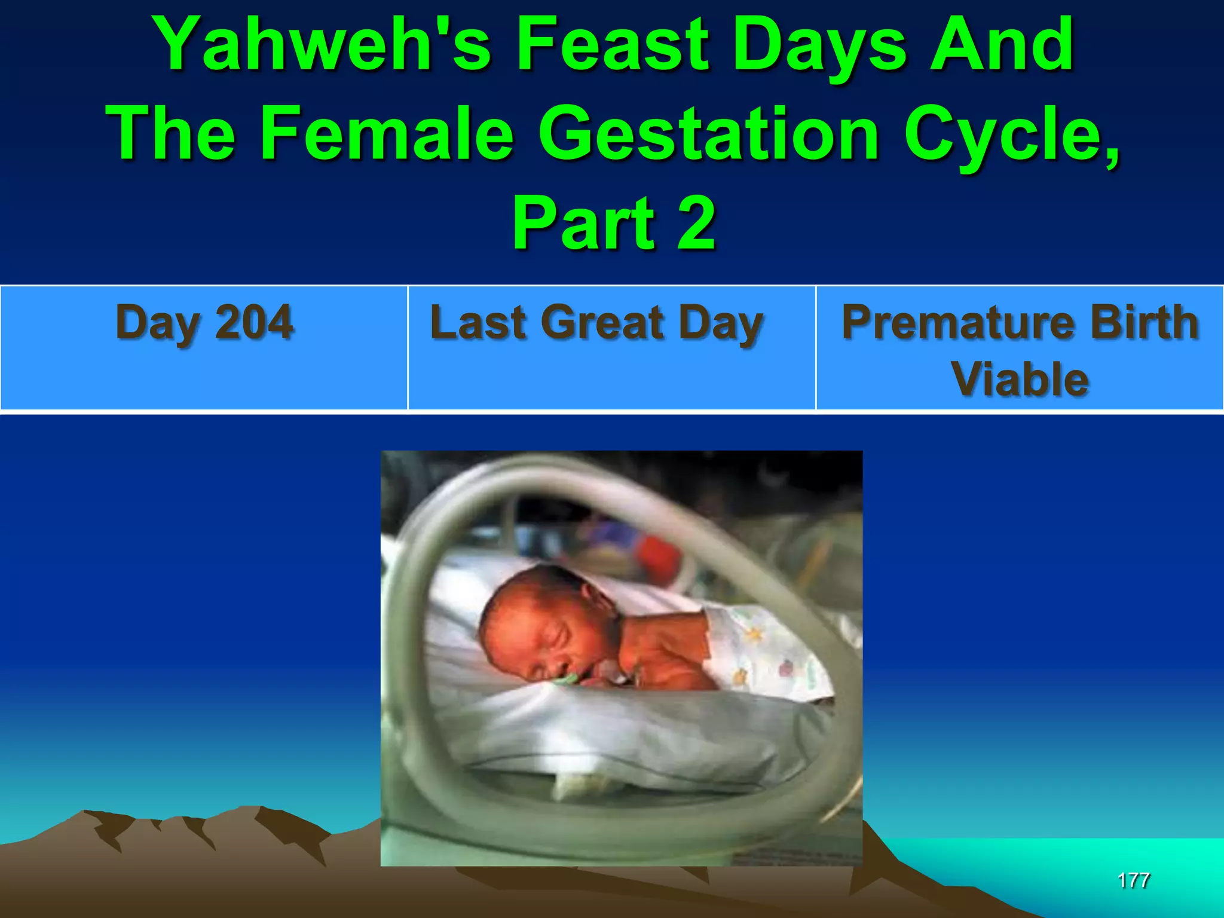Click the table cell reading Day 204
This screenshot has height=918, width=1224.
click(204, 348)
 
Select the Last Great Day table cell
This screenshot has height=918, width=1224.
click(611, 348)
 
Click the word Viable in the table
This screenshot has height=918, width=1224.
click(1020, 380)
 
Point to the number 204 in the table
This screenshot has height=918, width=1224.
click(254, 323)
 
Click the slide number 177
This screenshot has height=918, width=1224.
click(1133, 880)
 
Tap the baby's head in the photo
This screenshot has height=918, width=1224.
click(538, 622)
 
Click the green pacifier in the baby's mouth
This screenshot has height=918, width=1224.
click(565, 678)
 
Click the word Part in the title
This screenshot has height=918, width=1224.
click(583, 224)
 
